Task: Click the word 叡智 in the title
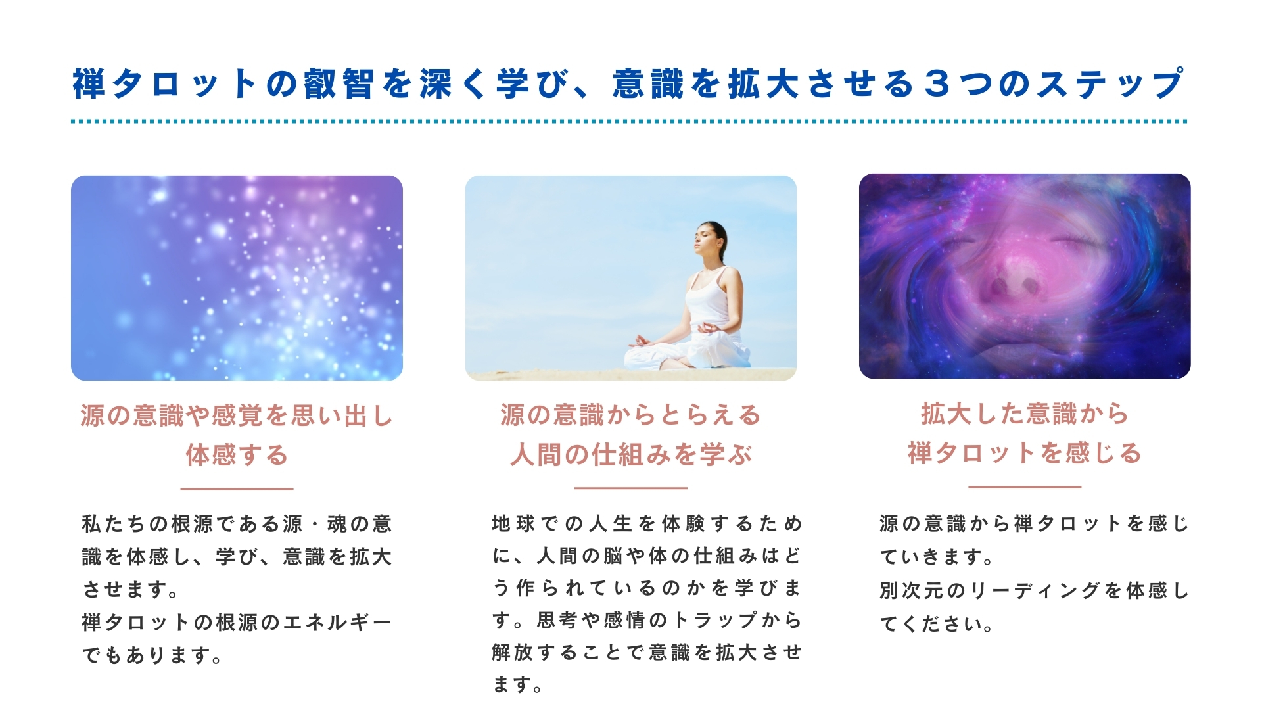point(339,85)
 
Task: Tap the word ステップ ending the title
point(1111,85)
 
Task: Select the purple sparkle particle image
point(237,277)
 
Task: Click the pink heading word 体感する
point(237,455)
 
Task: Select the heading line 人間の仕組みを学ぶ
point(631,454)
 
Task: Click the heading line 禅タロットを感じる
point(1025,453)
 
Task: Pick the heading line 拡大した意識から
point(1025,414)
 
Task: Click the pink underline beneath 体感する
point(237,489)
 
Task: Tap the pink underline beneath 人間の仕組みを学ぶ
point(631,488)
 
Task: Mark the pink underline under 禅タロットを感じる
point(1025,487)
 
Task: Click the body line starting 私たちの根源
point(237,524)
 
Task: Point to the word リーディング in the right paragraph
point(1035,590)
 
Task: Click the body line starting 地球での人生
point(647,523)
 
